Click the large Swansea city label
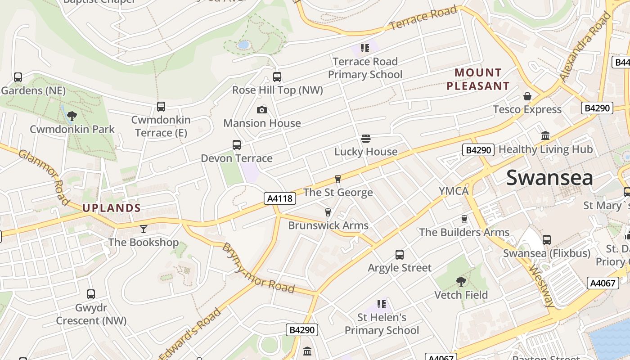pos(549,178)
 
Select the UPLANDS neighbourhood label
pos(112,208)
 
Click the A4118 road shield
pos(279,198)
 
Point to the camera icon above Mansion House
pos(261,110)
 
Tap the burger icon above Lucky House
pos(365,139)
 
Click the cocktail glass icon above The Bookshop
pos(143,229)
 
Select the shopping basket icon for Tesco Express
pos(527,96)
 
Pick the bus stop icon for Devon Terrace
pos(236,145)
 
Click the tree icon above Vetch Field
pos(461,282)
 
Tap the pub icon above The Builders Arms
pos(464,219)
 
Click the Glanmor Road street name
pos(44,176)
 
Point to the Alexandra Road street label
pos(585,47)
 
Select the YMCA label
pos(454,191)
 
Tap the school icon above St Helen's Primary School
pos(381,304)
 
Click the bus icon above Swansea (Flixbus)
pos(546,240)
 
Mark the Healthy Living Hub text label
pos(545,149)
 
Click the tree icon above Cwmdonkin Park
pos(71,116)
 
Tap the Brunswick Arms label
pos(328,225)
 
